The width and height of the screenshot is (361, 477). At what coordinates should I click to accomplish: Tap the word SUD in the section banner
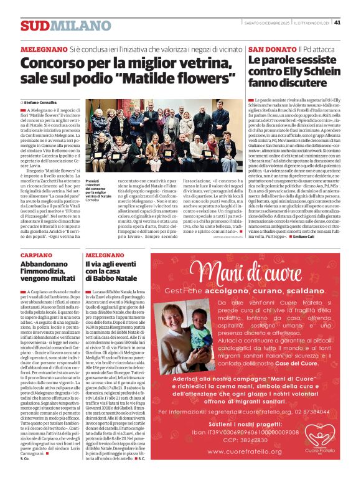(x=34, y=26)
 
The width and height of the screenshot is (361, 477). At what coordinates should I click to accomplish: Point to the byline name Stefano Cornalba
(x=40, y=102)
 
